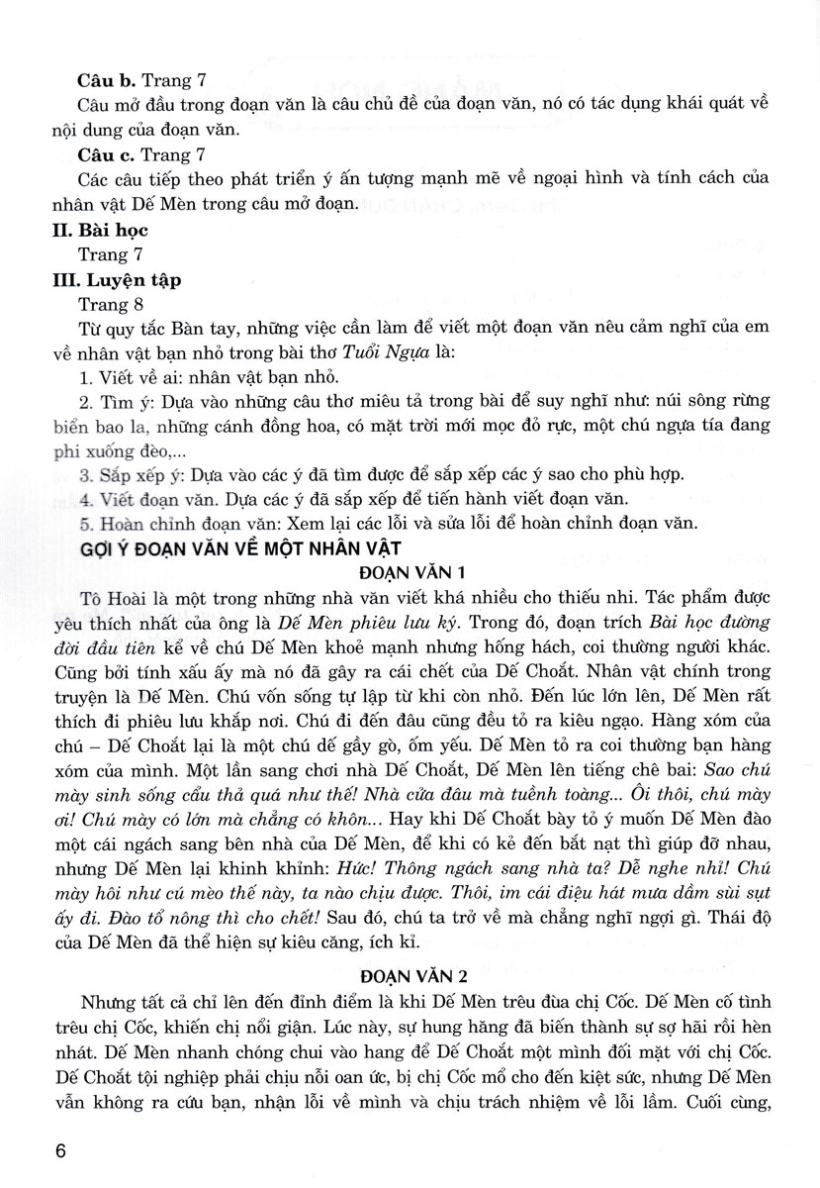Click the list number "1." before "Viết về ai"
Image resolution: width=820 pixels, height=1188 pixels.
[x=84, y=377]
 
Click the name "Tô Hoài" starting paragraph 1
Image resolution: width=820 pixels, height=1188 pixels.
[x=106, y=598]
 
